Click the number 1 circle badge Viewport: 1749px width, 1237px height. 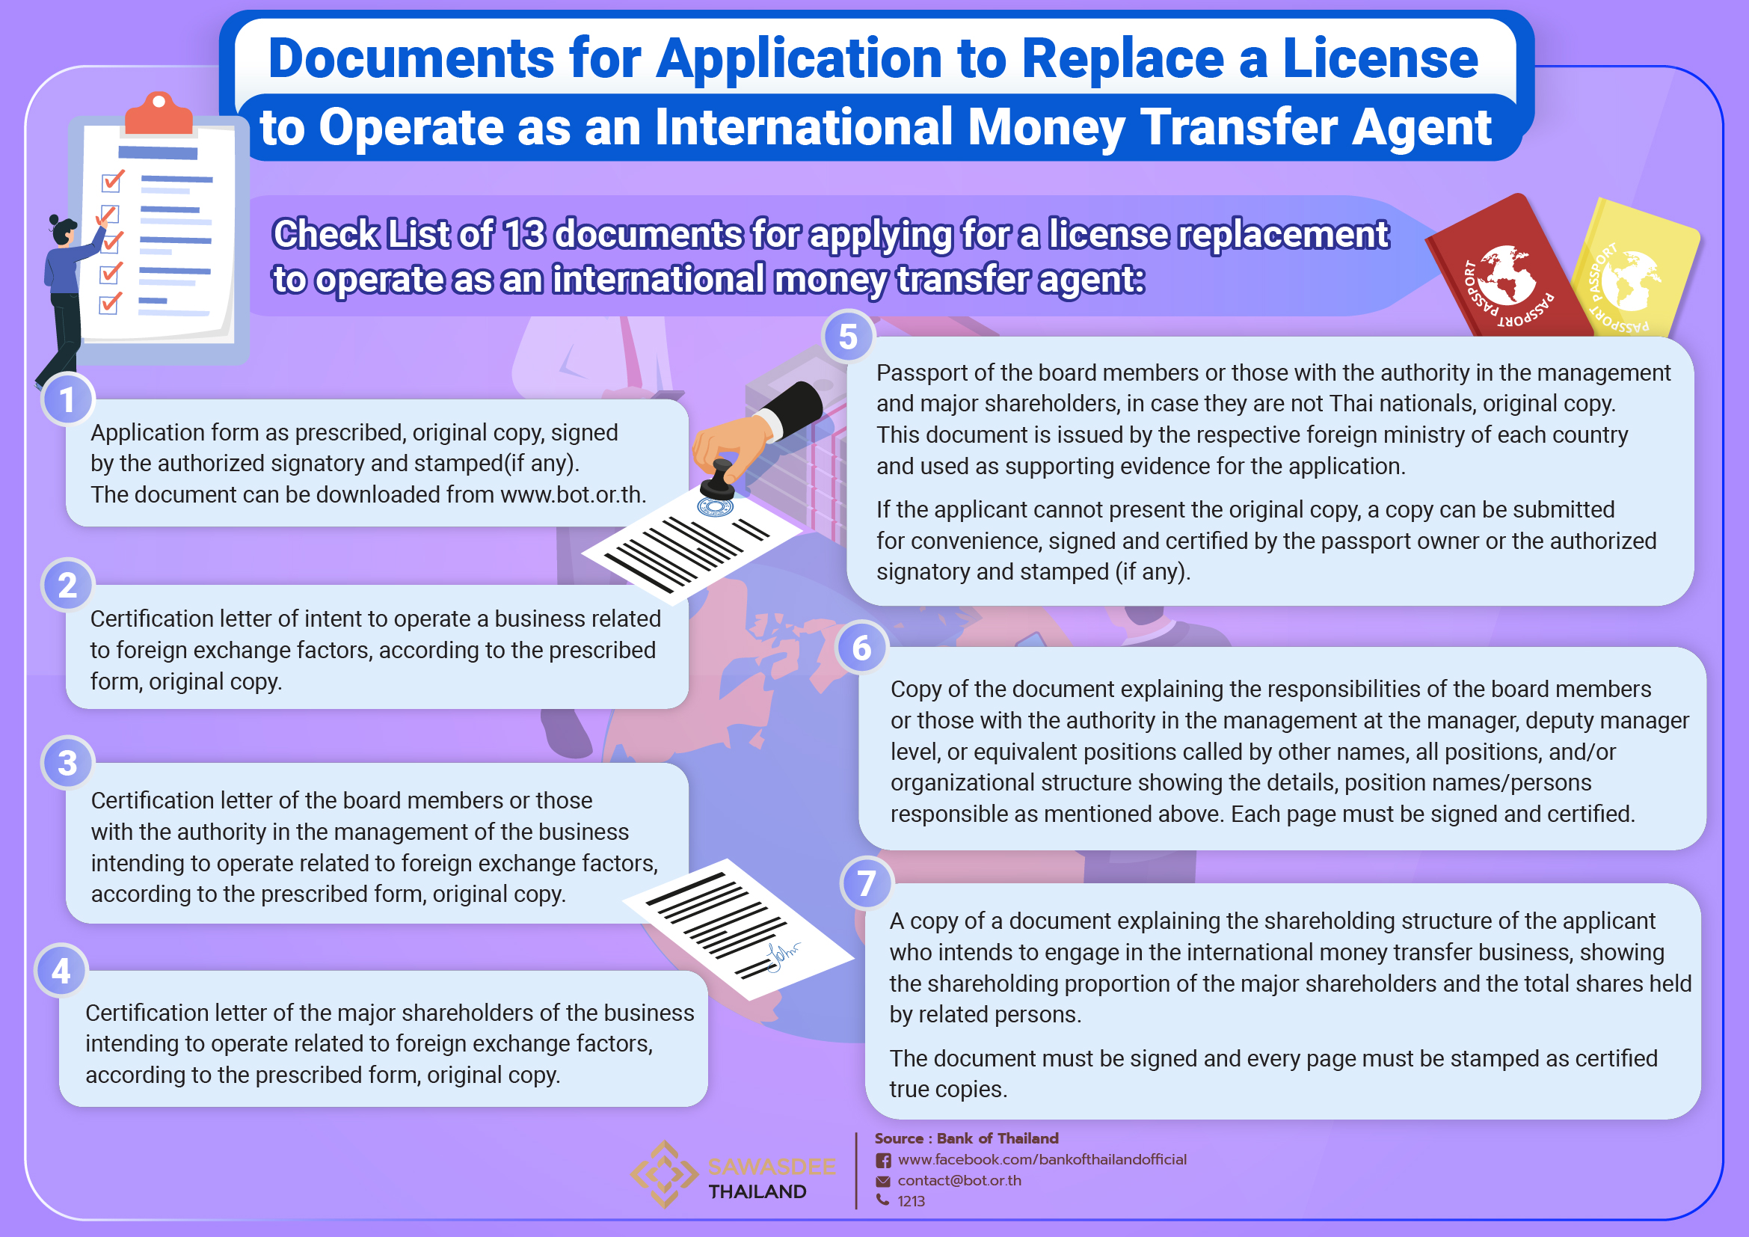(x=67, y=399)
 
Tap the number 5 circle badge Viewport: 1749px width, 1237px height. (x=848, y=336)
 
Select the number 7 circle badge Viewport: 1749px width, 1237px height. (x=866, y=883)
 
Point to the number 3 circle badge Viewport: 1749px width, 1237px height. (x=67, y=762)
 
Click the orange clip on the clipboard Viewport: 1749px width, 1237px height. (x=159, y=114)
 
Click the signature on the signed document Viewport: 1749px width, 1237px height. (x=781, y=955)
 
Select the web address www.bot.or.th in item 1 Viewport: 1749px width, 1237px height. (x=572, y=494)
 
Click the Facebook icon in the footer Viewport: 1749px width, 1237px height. (x=883, y=1160)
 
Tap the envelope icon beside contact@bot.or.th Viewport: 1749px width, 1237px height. (x=883, y=1181)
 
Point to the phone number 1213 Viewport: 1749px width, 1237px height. (x=911, y=1201)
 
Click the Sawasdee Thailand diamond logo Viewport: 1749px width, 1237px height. (x=664, y=1173)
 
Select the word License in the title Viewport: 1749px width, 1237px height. (x=1380, y=59)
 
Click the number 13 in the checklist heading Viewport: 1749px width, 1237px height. (x=524, y=234)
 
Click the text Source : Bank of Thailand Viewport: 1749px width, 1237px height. (x=966, y=1138)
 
